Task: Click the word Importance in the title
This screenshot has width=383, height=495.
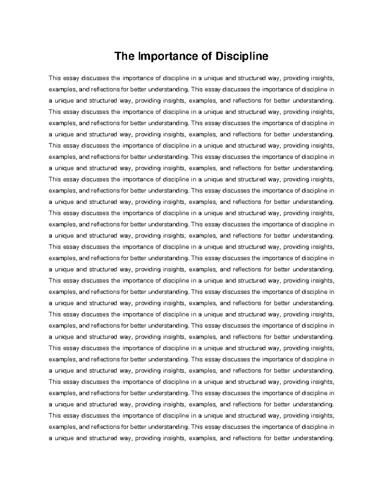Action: [x=166, y=56]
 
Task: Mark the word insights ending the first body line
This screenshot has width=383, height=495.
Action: [x=323, y=78]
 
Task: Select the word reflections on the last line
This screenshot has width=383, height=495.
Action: [x=245, y=438]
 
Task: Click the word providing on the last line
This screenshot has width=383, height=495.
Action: [x=148, y=438]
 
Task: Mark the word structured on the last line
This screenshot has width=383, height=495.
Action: [x=103, y=438]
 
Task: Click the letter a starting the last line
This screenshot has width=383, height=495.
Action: [x=50, y=438]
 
